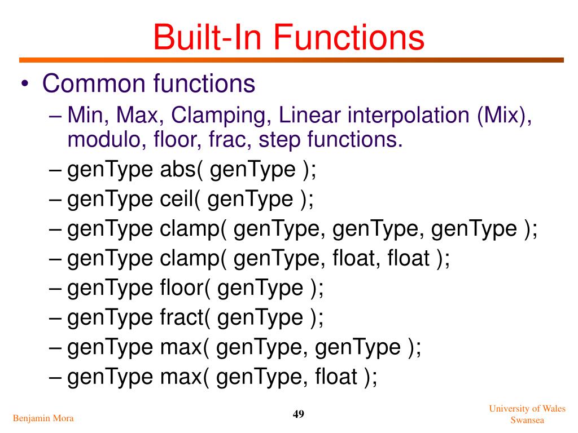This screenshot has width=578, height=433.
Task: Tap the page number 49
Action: point(299,415)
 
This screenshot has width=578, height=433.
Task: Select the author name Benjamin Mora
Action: point(43,418)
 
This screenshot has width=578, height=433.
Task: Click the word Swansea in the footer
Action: point(527,420)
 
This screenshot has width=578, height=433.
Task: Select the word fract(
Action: point(182,317)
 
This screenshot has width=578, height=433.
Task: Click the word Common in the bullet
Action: point(94,84)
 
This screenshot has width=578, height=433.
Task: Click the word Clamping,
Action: point(222,116)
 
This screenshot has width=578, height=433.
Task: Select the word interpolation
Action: point(408,116)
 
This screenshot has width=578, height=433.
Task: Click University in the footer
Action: point(511,409)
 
